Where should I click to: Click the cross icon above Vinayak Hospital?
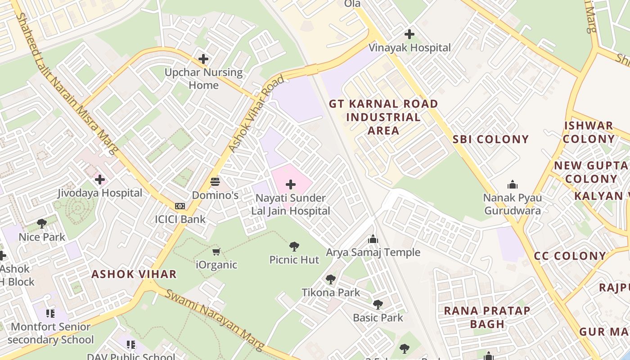(409, 34)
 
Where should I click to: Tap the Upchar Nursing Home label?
(203, 78)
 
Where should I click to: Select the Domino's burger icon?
(215, 182)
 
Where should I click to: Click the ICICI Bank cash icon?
(180, 206)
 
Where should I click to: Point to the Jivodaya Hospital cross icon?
(99, 180)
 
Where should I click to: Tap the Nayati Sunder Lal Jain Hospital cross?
(291, 184)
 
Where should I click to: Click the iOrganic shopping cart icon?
(216, 252)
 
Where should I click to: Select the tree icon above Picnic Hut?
(294, 247)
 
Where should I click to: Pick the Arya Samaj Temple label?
(373, 252)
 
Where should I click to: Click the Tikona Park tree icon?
(331, 279)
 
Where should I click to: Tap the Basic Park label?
(378, 318)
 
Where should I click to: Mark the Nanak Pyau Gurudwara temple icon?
(512, 184)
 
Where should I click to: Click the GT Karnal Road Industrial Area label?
(383, 117)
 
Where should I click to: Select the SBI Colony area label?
(490, 139)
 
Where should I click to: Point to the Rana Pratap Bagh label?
(487, 317)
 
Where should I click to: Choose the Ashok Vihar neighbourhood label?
(134, 274)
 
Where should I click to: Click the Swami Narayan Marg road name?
(214, 320)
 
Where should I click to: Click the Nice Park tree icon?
(42, 224)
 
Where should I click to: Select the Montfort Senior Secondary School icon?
(50, 313)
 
